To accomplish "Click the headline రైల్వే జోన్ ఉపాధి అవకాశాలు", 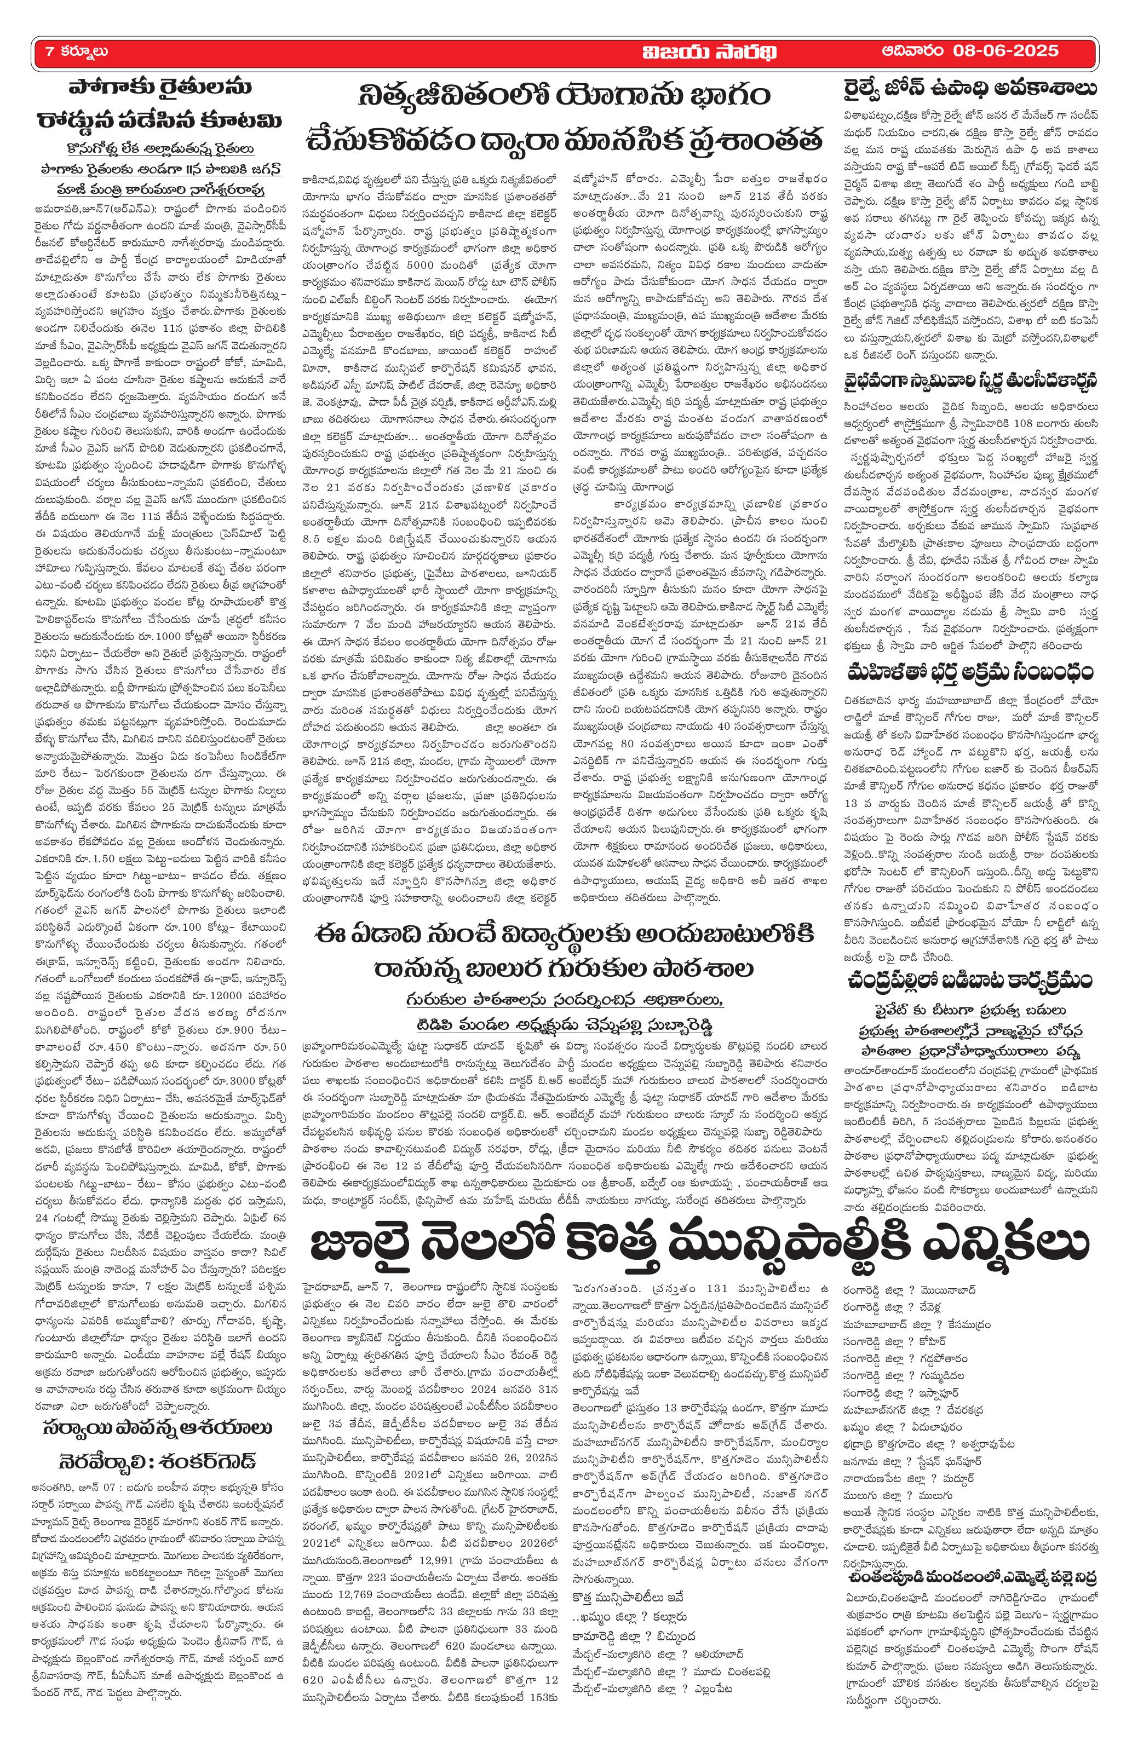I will (x=970, y=89).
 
